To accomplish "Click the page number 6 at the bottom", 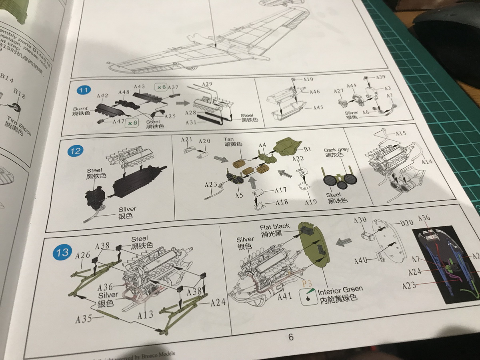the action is [291, 337].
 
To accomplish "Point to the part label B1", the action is [308, 149].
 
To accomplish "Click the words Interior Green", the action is [340, 289].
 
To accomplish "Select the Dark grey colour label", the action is [336, 150].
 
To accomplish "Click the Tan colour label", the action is [229, 139].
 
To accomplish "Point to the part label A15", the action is [401, 133].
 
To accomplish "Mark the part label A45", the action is [318, 107].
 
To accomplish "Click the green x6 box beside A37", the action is [161, 87].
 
